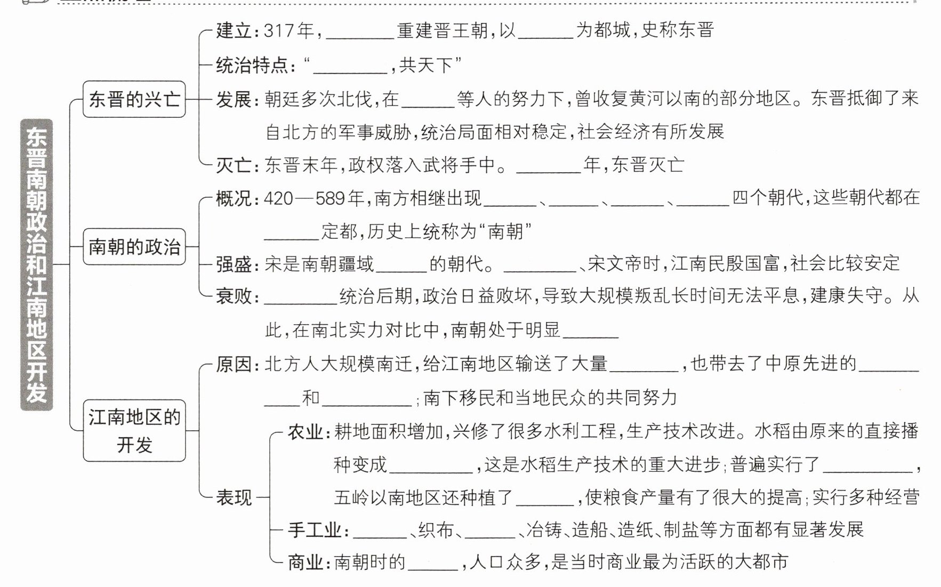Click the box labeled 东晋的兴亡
click(x=134, y=99)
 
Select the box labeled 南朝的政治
click(x=134, y=246)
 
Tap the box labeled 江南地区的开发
click(x=134, y=430)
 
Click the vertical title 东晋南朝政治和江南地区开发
click(x=36, y=264)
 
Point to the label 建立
click(x=234, y=31)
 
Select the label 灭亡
click(x=234, y=165)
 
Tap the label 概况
click(x=234, y=198)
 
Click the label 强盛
click(x=234, y=264)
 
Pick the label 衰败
click(x=234, y=296)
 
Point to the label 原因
click(x=234, y=364)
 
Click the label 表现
click(x=234, y=497)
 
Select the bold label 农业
click(x=305, y=431)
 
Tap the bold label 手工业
click(x=314, y=530)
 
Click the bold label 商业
click(x=305, y=562)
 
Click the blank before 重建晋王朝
click(x=360, y=33)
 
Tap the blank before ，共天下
click(x=350, y=68)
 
